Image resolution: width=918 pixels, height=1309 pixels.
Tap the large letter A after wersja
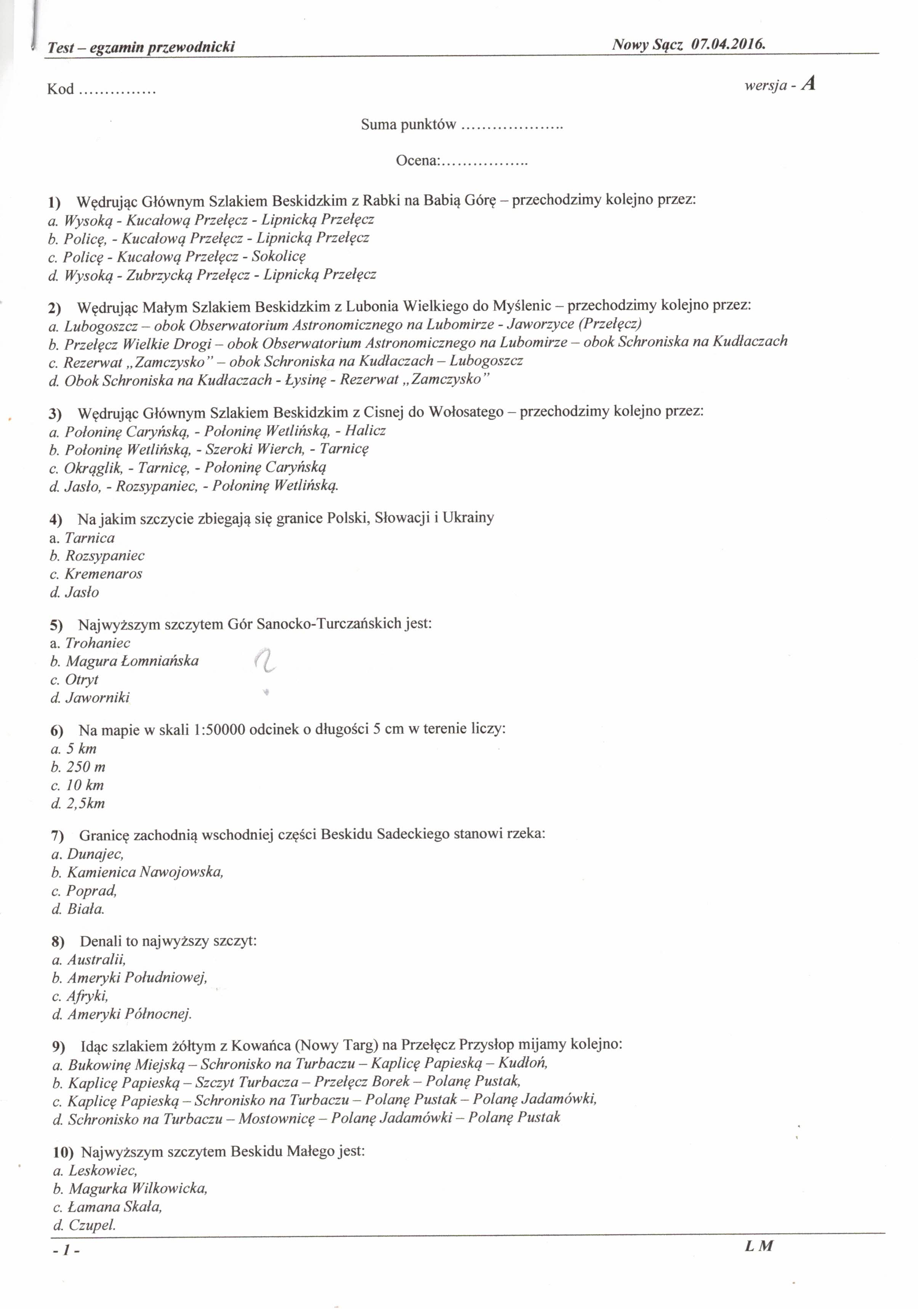(808, 85)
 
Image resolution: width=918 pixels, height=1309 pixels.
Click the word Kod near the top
(61, 89)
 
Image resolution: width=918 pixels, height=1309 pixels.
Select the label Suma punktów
(409, 124)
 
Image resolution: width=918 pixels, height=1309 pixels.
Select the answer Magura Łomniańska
(132, 661)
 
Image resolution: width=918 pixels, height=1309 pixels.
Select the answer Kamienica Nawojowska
(145, 872)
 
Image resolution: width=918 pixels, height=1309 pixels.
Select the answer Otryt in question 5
(82, 679)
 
